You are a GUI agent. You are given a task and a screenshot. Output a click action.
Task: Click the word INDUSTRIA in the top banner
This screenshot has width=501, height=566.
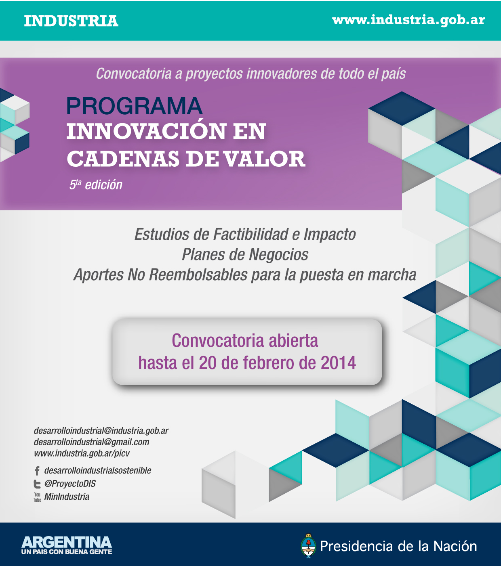71,21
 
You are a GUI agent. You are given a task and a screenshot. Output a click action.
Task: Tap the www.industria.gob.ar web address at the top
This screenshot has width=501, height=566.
408,21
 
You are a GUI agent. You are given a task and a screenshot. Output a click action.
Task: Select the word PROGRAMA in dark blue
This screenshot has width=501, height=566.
134,106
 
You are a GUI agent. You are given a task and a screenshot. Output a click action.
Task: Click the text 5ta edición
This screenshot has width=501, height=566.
96,184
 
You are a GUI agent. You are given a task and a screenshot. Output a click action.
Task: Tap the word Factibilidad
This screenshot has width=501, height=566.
250,234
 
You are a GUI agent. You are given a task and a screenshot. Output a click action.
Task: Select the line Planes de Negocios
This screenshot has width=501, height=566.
245,254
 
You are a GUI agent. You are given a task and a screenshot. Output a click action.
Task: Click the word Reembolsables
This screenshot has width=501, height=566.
198,275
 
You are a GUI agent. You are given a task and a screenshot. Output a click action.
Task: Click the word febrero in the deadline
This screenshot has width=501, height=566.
268,363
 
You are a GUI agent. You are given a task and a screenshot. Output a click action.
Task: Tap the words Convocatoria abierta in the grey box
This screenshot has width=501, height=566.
245,341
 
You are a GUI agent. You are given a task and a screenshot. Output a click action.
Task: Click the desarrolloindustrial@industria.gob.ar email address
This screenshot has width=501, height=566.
101,431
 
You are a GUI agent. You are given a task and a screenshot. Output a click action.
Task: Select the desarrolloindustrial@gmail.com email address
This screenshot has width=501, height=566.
91,442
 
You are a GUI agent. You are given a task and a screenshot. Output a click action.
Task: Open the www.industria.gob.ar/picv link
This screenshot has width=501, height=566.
82,453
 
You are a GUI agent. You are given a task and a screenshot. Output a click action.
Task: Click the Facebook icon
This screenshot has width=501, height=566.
37,471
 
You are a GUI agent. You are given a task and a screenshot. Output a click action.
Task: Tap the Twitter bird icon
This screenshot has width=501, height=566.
37,484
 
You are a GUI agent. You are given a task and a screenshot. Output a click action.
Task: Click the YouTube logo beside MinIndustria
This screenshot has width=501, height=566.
37,497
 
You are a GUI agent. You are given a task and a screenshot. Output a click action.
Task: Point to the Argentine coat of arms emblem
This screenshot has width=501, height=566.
308,546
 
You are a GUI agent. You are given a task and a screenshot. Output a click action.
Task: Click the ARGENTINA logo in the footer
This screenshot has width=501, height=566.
67,545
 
